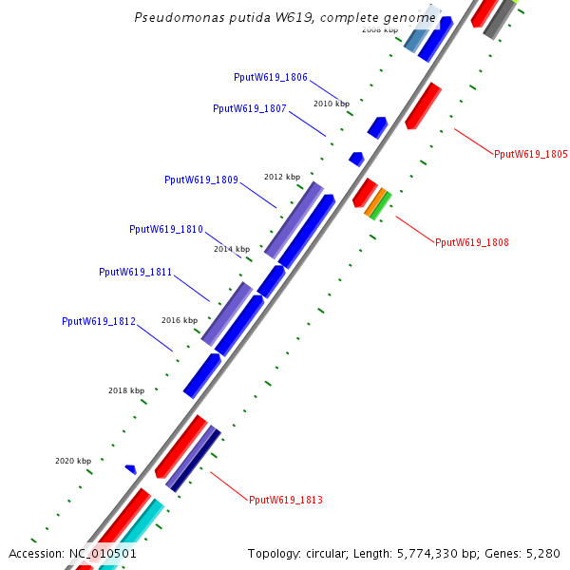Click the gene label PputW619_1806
(271, 77)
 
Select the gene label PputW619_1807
(250, 108)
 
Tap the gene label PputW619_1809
(201, 180)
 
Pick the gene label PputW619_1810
(166, 229)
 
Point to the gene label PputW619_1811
(136, 272)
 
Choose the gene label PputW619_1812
(99, 321)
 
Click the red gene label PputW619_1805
(531, 154)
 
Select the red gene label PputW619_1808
(472, 242)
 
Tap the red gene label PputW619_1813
(286, 500)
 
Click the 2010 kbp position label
(332, 104)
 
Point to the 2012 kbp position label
(282, 177)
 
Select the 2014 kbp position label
(232, 249)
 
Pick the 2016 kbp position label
(180, 320)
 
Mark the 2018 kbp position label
(126, 390)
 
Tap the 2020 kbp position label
(73, 461)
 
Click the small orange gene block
(375, 202)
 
